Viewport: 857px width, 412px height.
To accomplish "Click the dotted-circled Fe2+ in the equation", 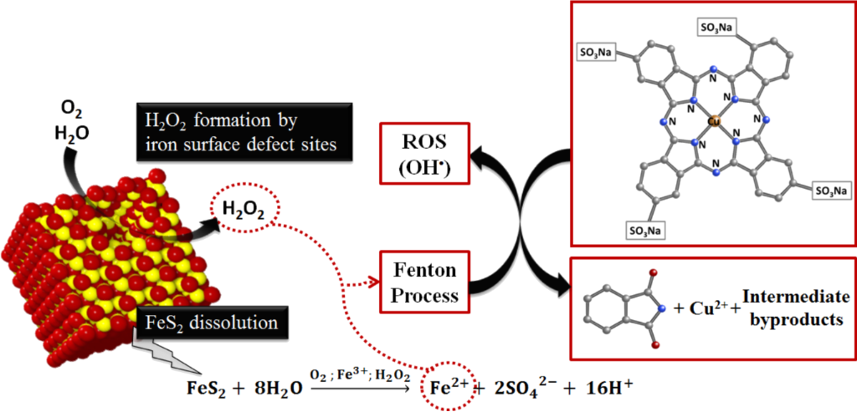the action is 449,385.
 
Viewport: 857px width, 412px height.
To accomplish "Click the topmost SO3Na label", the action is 716,26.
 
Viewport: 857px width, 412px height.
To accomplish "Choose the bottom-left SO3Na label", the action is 645,231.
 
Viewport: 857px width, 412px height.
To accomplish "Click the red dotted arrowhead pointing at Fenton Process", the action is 372,283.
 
